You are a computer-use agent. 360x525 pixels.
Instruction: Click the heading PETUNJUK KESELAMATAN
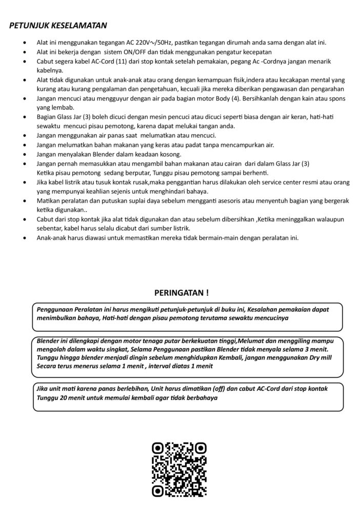pos(58,25)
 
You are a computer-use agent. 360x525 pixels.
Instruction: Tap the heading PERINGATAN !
pos(182,293)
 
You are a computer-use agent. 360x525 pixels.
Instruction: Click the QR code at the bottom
pos(179,469)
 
